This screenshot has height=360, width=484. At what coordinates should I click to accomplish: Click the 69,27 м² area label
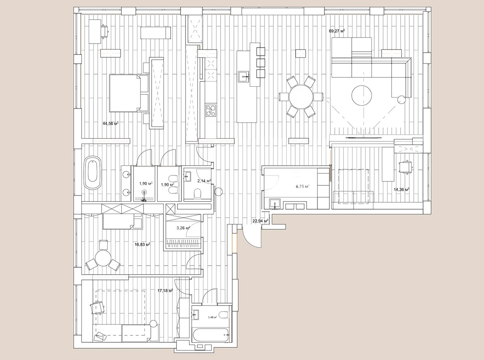[337, 31]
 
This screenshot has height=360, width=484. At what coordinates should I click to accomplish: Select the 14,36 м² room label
[401, 189]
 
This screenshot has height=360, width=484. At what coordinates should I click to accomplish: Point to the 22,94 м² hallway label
[261, 221]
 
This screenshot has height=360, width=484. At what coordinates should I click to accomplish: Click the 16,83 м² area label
[142, 244]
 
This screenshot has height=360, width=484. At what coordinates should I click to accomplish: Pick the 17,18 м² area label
[165, 290]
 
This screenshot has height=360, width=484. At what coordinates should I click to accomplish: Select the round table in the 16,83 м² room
[103, 258]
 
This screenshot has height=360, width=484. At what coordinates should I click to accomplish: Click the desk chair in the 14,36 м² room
[405, 166]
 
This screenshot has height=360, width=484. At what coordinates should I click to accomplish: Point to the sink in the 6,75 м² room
[274, 204]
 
